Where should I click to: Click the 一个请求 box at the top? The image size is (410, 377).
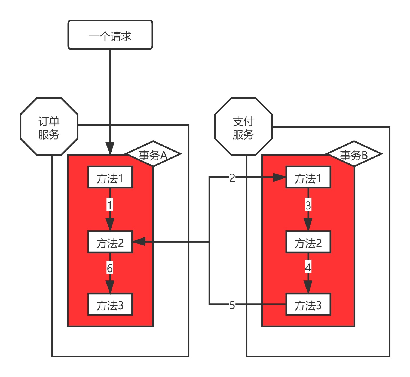tap(110, 35)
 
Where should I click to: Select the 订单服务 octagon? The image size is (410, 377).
tap(49, 127)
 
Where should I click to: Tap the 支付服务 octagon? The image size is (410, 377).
tap(243, 127)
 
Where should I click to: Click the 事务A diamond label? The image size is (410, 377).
tap(153, 154)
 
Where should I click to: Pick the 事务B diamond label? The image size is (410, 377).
tap(354, 154)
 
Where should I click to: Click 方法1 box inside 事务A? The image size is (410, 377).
tap(110, 177)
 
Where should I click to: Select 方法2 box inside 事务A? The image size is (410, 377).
tap(110, 242)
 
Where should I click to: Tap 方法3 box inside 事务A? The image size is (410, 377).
tap(110, 304)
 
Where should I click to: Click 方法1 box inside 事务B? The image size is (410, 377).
tap(308, 177)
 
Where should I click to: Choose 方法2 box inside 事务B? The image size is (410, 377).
tap(308, 242)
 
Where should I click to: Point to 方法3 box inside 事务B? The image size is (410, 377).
tap(308, 304)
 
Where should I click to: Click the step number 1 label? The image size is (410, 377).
tap(109, 205)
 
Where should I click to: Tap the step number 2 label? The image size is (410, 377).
tap(232, 178)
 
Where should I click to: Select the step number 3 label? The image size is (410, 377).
tap(308, 205)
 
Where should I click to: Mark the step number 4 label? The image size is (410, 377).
tap(308, 268)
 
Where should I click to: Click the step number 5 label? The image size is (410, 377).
tap(232, 305)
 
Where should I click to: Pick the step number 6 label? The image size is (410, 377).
tap(109, 268)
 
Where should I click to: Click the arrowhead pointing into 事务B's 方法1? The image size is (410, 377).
tap(279, 178)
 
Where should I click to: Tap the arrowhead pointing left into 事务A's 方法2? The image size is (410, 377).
tap(139, 242)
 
